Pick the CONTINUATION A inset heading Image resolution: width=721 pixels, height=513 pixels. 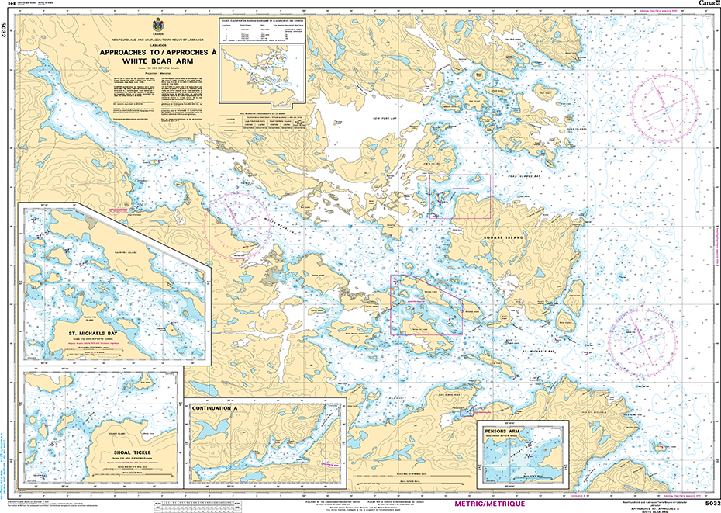[x=212, y=407]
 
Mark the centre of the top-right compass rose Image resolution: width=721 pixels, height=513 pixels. [x=666, y=110]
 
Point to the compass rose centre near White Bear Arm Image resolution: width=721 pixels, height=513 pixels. [x=236, y=225]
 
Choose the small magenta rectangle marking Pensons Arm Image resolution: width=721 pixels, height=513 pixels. [x=467, y=411]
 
